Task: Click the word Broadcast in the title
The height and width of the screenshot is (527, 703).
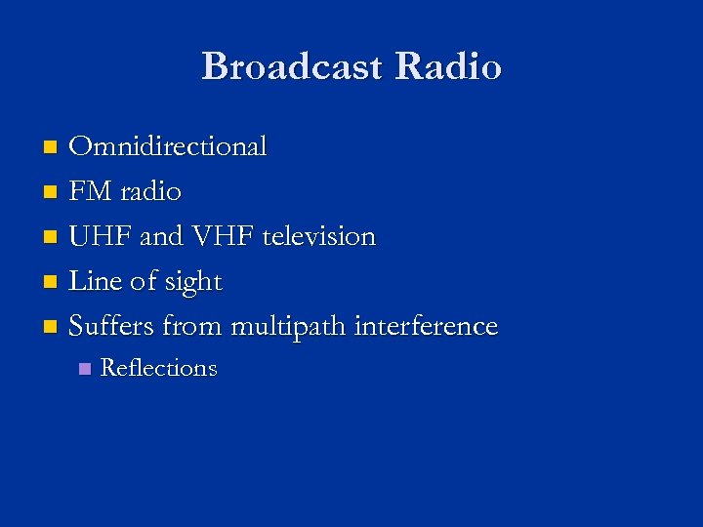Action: click(293, 66)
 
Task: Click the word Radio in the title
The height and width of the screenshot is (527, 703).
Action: click(448, 66)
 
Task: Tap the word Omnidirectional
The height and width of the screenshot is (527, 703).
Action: click(168, 146)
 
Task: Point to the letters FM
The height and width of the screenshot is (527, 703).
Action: click(90, 191)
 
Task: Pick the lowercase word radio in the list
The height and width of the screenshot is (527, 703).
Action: click(150, 191)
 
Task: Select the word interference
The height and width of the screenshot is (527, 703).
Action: click(426, 326)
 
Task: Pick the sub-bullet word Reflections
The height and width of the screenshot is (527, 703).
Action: click(158, 368)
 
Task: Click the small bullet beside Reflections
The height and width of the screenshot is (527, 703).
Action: click(84, 369)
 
